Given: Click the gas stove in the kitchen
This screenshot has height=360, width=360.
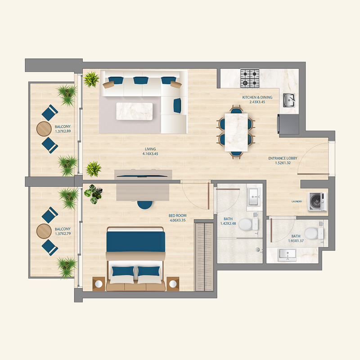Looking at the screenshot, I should click(250, 78).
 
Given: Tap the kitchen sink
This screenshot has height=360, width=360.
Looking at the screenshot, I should click(289, 99).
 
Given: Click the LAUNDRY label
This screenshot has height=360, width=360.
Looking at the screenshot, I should click(297, 202).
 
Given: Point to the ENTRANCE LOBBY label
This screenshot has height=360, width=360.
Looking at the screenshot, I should click(283, 158).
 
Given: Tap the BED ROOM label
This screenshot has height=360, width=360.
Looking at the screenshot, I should click(178, 216).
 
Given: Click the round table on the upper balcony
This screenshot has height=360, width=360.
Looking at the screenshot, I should click(44, 129).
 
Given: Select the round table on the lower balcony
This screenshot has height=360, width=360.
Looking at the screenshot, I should click(44, 231).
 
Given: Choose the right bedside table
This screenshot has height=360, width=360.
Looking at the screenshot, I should click(173, 283).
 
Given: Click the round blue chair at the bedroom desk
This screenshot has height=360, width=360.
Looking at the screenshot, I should click(145, 204).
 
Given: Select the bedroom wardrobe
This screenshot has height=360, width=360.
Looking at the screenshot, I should click(204, 256).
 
